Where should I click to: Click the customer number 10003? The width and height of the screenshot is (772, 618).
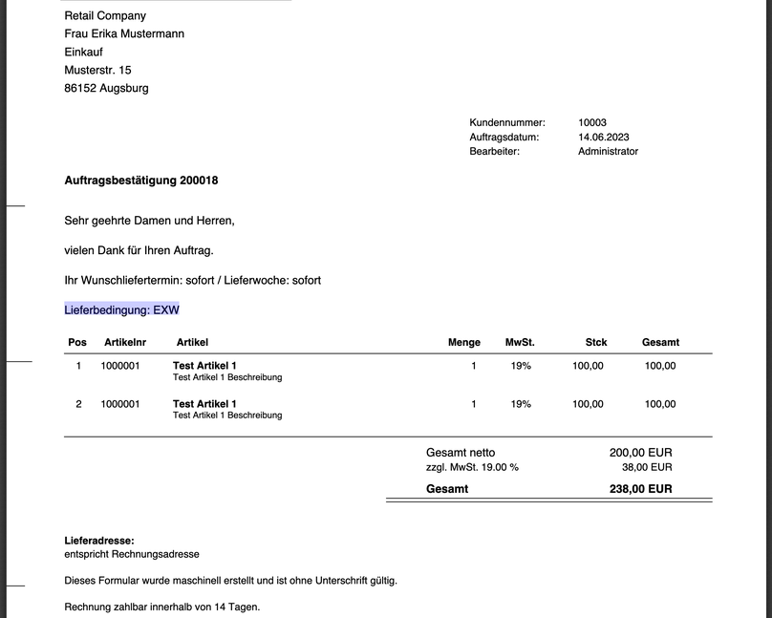click(591, 122)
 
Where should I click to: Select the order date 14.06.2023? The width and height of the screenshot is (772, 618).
click(604, 137)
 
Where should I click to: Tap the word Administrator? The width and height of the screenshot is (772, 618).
click(608, 151)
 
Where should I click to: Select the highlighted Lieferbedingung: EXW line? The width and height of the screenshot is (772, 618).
click(121, 309)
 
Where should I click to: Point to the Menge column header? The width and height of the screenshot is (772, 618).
click(464, 342)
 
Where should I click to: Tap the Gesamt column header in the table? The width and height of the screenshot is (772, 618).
click(660, 342)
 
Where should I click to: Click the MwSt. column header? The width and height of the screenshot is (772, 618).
click(520, 342)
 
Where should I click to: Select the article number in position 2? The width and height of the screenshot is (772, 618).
click(120, 404)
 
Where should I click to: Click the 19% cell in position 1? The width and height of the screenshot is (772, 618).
click(521, 366)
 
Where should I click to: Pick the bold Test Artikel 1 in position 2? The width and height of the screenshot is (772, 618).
click(204, 404)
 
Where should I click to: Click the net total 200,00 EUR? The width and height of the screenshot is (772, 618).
click(640, 453)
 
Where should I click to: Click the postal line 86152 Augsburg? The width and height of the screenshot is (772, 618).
click(106, 88)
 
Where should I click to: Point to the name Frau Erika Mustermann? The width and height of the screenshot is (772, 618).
click(124, 33)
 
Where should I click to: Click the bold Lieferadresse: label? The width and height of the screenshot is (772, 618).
click(99, 541)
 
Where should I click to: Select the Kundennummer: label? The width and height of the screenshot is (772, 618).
click(507, 122)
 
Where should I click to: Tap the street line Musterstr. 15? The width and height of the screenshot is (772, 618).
click(97, 70)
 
